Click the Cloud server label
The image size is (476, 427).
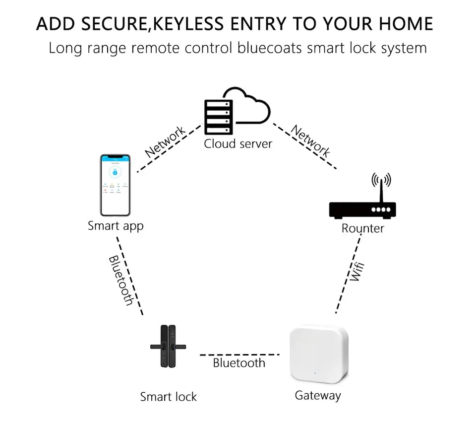click(238, 144)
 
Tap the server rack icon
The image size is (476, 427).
click(218, 116)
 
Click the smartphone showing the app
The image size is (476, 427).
click(115, 185)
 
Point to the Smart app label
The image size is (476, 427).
click(116, 226)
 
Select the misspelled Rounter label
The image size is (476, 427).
click(362, 228)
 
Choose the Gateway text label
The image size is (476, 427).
click(318, 396)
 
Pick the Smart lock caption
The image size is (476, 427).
click(168, 397)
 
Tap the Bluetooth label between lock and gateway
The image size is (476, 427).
click(239, 363)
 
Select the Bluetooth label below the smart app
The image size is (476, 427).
click(121, 280)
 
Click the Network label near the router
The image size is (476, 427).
click(310, 142)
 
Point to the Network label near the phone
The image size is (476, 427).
click(166, 142)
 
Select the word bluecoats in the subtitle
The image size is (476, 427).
click(271, 48)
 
